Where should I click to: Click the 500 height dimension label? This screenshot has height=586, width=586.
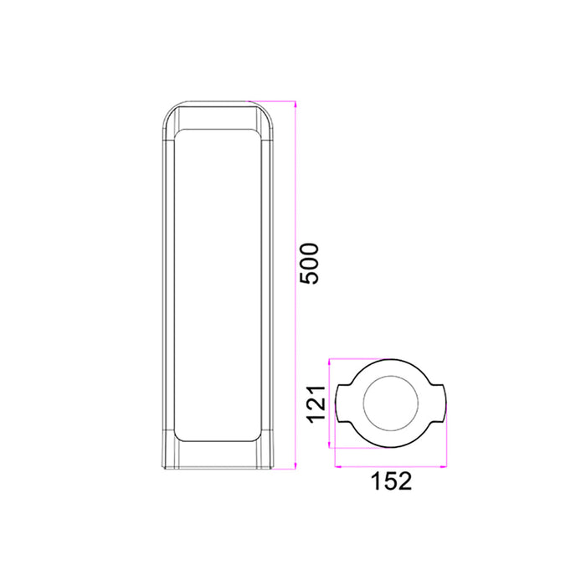[x=310, y=264]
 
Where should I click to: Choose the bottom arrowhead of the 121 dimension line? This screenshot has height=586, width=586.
[x=332, y=445]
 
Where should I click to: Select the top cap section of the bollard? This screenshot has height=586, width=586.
[x=218, y=116]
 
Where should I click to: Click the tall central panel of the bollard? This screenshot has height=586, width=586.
[x=218, y=285]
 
